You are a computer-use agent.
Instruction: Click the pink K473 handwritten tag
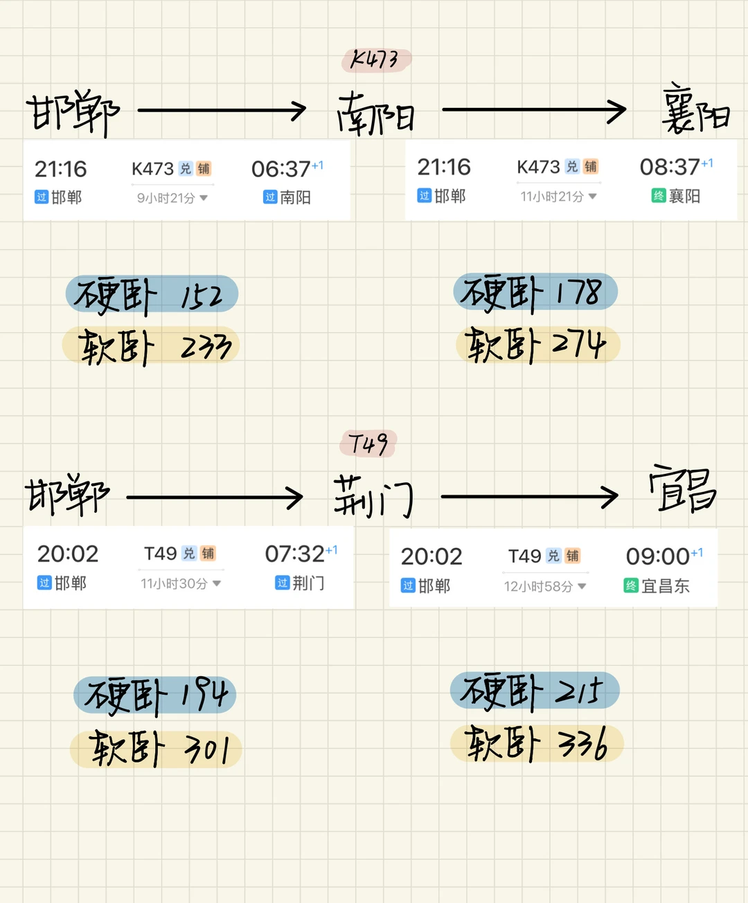coord(376,60)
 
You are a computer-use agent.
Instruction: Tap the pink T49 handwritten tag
coord(368,444)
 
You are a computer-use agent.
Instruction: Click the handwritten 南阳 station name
coord(376,114)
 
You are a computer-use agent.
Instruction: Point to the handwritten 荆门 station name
coord(373,497)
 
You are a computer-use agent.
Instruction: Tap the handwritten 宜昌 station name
coord(683,490)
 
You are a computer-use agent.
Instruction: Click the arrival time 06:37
coord(280,169)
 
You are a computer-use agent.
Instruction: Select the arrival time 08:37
coord(670,167)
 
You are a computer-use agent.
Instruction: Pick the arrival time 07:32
coord(294,554)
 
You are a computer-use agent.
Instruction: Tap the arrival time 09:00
coord(657,556)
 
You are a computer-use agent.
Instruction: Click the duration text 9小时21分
coord(166,198)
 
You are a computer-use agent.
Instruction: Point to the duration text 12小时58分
coord(538,587)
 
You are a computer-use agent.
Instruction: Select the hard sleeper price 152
coord(202,296)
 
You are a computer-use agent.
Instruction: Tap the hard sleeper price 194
coord(204,695)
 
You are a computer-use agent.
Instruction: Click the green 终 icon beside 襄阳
coord(659,196)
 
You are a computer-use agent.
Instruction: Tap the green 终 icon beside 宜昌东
coord(631,586)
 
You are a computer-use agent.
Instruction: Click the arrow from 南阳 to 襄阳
coord(534,110)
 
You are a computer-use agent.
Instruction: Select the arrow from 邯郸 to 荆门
coord(215,497)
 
